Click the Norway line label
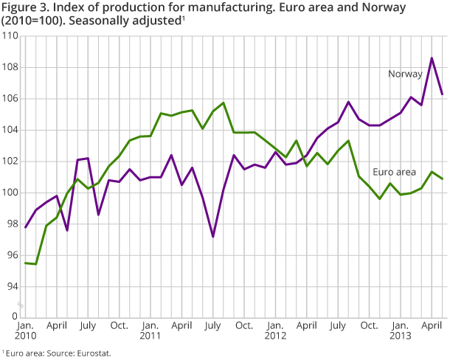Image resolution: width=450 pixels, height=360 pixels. click(405, 74)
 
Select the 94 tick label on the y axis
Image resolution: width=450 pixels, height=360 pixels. click(13, 286)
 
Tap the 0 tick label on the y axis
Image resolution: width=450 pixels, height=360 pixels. click(15, 317)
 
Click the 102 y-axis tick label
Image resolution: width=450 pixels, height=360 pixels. click(10, 162)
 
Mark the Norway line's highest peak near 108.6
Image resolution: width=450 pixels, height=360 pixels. click(432, 58)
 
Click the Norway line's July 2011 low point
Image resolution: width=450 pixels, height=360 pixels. click(212, 237)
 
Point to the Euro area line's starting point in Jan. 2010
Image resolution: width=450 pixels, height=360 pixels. click(25, 263)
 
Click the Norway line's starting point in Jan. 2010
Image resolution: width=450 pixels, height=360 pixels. click(25, 227)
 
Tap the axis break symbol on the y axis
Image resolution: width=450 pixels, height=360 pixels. click(21, 304)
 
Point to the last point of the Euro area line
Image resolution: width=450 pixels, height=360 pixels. click(442, 179)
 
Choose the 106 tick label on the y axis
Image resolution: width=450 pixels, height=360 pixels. click(10, 99)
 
